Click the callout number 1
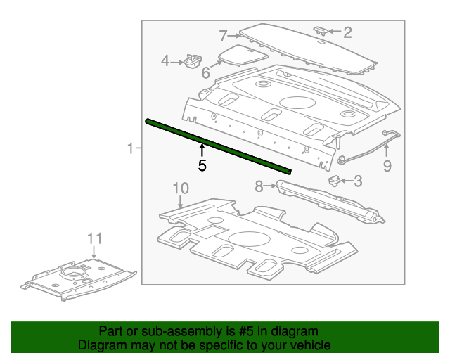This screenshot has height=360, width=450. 130,148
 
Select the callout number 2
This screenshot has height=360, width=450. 347,32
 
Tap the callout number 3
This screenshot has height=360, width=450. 358,181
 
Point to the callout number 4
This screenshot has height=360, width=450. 165,61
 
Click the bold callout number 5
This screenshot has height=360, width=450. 202,166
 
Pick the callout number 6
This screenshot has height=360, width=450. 206,73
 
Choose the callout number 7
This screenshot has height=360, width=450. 223,36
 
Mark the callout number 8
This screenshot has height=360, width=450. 258,186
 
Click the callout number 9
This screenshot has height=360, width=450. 387,166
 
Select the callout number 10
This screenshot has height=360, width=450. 181,188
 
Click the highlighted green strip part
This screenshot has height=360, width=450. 218,146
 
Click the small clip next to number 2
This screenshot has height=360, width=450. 320,30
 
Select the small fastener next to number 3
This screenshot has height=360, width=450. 335,180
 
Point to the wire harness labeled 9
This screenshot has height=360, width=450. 366,149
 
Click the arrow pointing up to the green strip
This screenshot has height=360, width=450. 202,149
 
